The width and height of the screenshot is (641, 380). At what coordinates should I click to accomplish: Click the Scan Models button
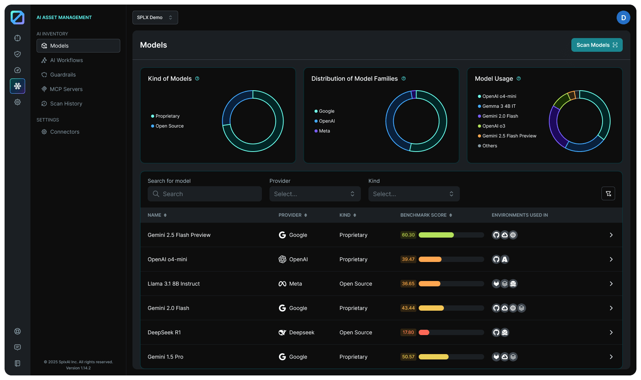(x=596, y=45)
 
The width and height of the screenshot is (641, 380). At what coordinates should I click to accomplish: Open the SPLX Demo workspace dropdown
(x=155, y=18)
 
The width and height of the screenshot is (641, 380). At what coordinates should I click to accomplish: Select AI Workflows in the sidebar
(x=66, y=60)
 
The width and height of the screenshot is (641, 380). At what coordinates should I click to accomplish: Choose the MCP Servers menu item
(x=66, y=89)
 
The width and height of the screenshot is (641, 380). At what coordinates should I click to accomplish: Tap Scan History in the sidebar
(x=66, y=104)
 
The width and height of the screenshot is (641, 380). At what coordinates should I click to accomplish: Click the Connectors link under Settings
(x=65, y=132)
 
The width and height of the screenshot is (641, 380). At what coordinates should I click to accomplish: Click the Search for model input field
(x=205, y=194)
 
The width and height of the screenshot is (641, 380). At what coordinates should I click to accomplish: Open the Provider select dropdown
(x=314, y=194)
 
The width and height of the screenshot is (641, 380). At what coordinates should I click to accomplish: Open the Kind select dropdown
(x=413, y=194)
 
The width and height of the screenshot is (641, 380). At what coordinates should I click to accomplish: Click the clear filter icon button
(x=608, y=193)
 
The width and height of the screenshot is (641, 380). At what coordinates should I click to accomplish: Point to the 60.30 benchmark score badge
(x=408, y=235)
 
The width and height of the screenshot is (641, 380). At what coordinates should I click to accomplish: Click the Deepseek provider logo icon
(x=282, y=332)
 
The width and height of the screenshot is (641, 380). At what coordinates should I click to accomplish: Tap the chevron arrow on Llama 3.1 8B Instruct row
(x=611, y=284)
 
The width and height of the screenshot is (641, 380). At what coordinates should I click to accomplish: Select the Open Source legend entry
(x=169, y=126)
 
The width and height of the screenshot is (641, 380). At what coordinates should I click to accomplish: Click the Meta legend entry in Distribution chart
(x=324, y=131)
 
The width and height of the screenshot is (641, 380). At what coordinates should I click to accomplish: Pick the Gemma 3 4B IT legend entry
(x=499, y=106)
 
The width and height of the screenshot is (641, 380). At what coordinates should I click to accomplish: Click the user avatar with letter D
(x=623, y=18)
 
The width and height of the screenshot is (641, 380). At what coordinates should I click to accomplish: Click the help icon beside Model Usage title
(x=518, y=78)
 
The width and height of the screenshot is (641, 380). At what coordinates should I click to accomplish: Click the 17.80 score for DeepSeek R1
(x=408, y=332)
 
